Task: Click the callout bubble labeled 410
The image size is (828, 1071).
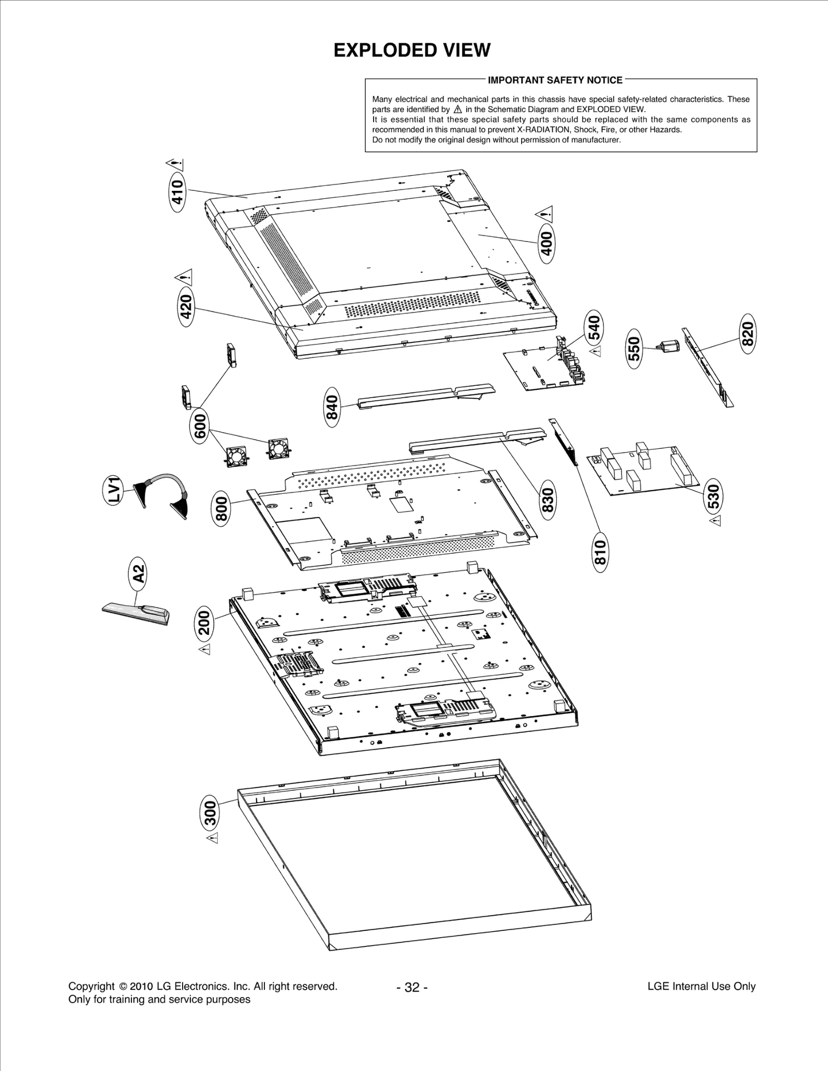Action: pyautogui.click(x=178, y=192)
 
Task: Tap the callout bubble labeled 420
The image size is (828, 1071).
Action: pyautogui.click(x=186, y=306)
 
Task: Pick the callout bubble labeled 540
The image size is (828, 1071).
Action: pyautogui.click(x=594, y=329)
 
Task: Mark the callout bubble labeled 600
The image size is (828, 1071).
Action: pyautogui.click(x=201, y=427)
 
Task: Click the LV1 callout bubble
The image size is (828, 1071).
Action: pyautogui.click(x=114, y=490)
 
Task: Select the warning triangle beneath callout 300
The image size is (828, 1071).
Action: pyautogui.click(x=212, y=852)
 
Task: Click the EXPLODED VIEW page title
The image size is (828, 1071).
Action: pyautogui.click(x=412, y=51)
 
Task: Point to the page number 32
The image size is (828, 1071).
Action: pyautogui.click(x=412, y=987)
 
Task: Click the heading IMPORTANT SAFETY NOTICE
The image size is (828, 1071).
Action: pyautogui.click(x=555, y=80)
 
